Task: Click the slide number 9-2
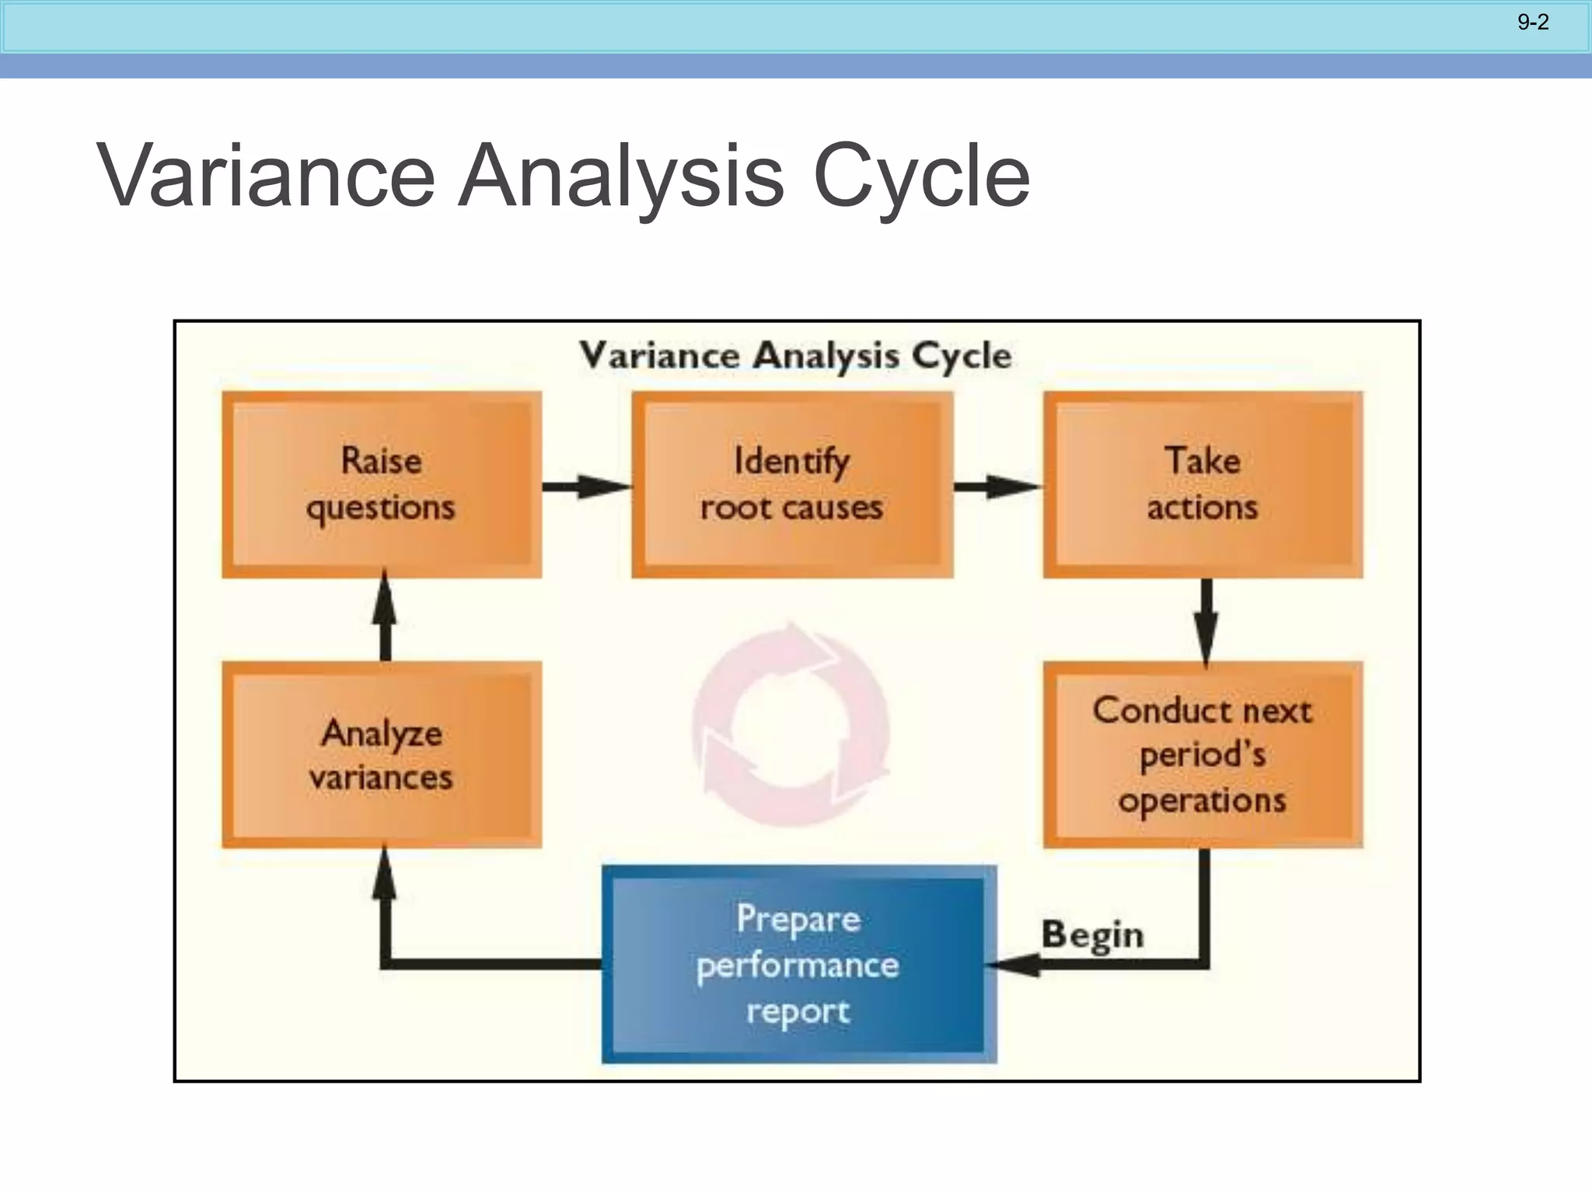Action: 1533,22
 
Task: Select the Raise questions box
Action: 382,484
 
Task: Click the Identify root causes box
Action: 792,484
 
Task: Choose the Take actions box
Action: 1203,484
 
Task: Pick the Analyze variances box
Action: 382,755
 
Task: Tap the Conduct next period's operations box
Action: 1203,755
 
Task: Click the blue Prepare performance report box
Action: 798,965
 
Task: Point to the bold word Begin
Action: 1092,934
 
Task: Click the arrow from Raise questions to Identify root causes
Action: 586,487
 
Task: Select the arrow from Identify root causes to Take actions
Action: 997,487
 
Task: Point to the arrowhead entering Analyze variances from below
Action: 384,875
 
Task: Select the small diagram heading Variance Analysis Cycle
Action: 795,356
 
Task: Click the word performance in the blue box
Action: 798,966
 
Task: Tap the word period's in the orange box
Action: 1203,755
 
